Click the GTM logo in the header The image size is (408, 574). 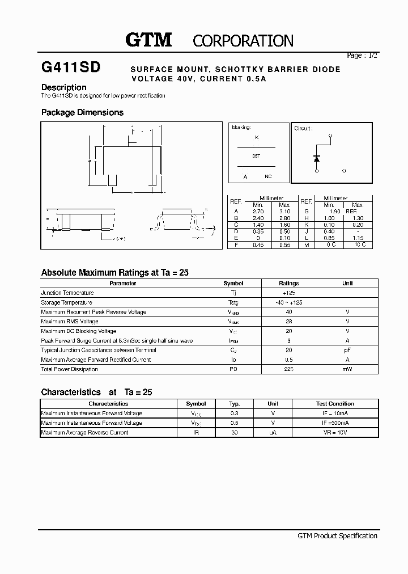coord(148,40)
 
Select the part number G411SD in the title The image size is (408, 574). coord(71,67)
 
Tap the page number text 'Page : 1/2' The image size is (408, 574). coord(362,56)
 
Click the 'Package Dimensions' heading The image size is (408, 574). coord(82,112)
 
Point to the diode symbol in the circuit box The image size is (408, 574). coord(316,158)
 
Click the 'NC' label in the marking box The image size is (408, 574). coord(268,177)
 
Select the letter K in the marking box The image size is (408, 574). coord(257,137)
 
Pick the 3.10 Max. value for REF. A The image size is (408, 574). coord(284,211)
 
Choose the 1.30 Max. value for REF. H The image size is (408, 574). coord(358,218)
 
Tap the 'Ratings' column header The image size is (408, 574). coord(288,283)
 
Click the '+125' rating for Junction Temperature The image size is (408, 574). coord(289,293)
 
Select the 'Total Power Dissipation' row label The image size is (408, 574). coord(69,369)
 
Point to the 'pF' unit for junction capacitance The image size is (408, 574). coord(347,350)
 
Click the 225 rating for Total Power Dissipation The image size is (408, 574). coord(289,369)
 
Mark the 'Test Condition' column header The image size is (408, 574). coord(335,404)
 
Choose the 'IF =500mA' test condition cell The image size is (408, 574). coord(335,423)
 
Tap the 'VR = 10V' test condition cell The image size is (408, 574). coord(335,432)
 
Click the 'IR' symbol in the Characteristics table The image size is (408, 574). coord(196,432)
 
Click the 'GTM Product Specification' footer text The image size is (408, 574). coord(337,535)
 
